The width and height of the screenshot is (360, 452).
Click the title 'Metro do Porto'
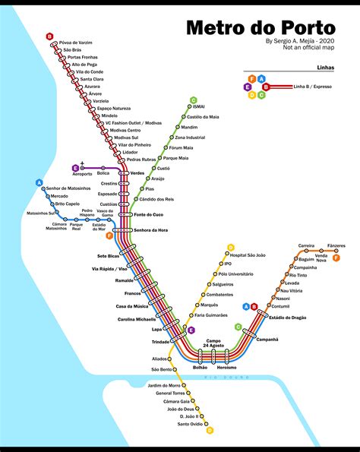tap(261, 27)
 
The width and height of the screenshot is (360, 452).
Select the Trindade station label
tap(160, 342)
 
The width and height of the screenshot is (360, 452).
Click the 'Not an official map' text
tap(308, 49)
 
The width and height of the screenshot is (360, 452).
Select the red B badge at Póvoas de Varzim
tap(49, 36)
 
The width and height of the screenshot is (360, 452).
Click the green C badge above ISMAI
tap(194, 100)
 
